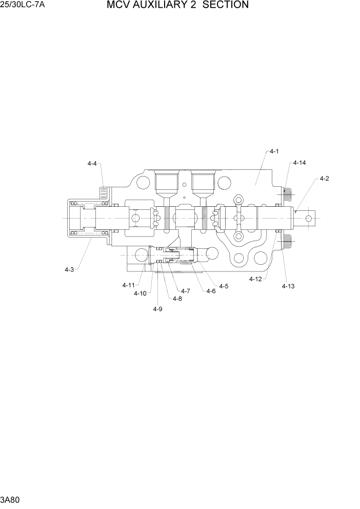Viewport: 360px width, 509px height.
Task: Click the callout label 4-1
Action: click(x=273, y=151)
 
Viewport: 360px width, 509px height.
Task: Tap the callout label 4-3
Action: click(x=69, y=269)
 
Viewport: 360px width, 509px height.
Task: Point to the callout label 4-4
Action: click(x=92, y=163)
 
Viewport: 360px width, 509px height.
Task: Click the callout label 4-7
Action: click(x=185, y=291)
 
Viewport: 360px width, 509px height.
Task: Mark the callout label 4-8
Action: click(x=177, y=299)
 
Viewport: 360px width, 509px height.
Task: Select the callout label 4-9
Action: click(x=158, y=308)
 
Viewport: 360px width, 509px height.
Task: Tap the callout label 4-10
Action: click(x=139, y=293)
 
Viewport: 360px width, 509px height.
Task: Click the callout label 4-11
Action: click(x=128, y=285)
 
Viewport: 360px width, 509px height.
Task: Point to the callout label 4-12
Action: click(x=255, y=279)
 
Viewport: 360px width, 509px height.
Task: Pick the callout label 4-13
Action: click(x=288, y=286)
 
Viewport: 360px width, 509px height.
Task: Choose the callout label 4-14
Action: click(x=299, y=163)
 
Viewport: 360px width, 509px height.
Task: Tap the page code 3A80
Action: click(x=10, y=499)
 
